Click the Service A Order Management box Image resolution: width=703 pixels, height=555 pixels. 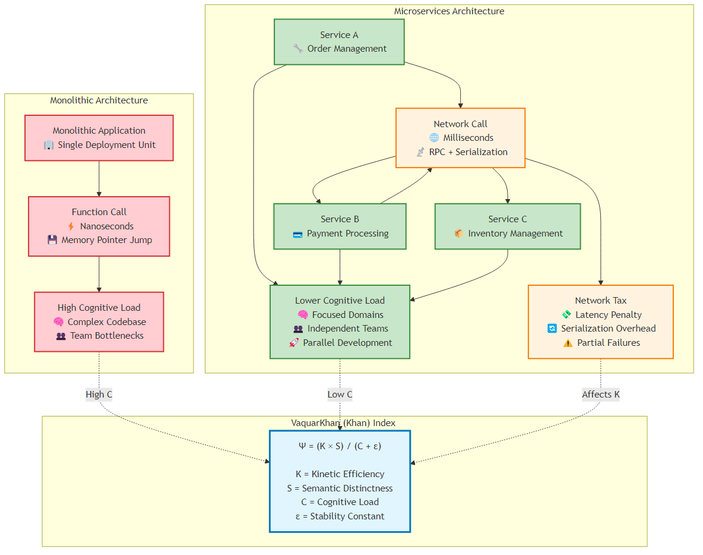tap(339, 42)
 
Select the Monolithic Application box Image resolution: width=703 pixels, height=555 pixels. tap(99, 138)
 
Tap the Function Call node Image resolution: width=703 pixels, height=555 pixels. tap(99, 226)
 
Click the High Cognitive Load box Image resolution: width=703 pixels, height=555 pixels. tap(99, 321)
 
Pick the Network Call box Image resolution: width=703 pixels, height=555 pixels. tap(460, 138)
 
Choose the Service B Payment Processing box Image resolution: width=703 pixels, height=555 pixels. tap(340, 226)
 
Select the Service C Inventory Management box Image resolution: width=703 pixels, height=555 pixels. tap(508, 226)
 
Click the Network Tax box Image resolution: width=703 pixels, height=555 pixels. tap(600, 321)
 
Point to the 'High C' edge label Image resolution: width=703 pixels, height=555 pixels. tap(99, 395)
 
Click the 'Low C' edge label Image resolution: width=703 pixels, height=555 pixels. tap(340, 395)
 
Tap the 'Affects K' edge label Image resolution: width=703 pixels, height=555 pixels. tap(600, 395)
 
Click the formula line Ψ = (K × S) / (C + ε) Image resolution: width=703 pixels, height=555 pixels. tap(340, 446)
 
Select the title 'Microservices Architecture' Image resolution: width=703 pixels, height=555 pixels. tap(449, 11)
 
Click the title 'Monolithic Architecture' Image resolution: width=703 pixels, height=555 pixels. tap(99, 100)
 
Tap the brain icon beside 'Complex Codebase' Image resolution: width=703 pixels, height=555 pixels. tap(59, 322)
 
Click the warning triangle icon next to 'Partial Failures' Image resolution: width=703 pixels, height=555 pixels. tap(568, 343)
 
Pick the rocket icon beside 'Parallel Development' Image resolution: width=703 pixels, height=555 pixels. tap(294, 343)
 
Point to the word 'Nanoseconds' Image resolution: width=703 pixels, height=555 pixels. tap(107, 226)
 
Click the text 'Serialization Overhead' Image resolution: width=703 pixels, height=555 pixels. tap(608, 329)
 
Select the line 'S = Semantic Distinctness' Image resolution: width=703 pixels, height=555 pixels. tap(340, 488)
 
